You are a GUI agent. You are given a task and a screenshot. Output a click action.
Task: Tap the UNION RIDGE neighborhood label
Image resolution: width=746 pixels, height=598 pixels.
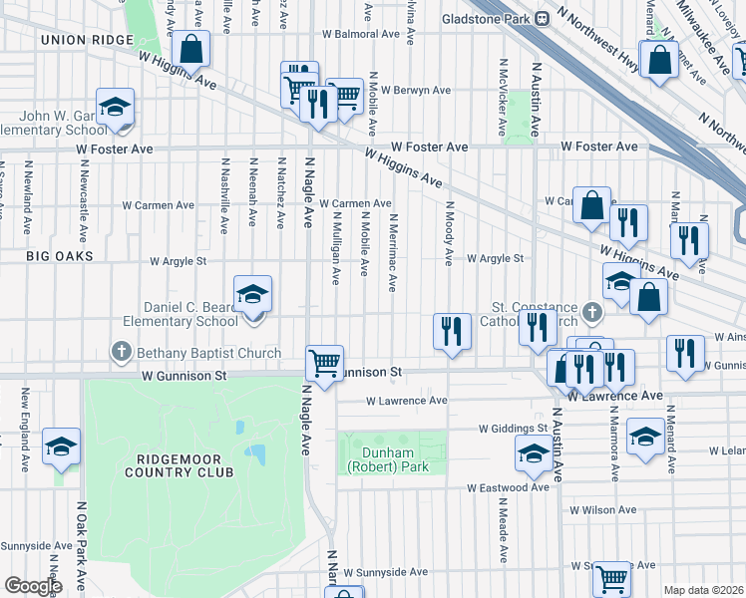coord(87,39)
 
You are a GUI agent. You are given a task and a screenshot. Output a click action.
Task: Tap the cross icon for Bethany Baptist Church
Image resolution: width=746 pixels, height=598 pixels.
coord(121,352)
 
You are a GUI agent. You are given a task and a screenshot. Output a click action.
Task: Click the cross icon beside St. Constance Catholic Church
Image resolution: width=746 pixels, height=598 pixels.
coord(591,313)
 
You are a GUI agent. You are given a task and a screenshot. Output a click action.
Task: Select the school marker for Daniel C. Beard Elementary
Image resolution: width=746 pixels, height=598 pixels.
coord(253,293)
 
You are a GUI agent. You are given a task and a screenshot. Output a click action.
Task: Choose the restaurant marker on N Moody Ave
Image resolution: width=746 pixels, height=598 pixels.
coord(452,330)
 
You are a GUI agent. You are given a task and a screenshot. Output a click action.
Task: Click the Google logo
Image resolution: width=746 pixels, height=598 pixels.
coord(33,585)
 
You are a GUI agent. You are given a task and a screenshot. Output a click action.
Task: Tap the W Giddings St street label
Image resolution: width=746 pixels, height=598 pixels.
coord(514,429)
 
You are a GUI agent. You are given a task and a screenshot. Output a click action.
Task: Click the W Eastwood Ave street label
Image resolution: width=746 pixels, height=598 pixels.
coord(509,488)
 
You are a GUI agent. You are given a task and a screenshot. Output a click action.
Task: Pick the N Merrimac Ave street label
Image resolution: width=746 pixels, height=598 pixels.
coord(393,252)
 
